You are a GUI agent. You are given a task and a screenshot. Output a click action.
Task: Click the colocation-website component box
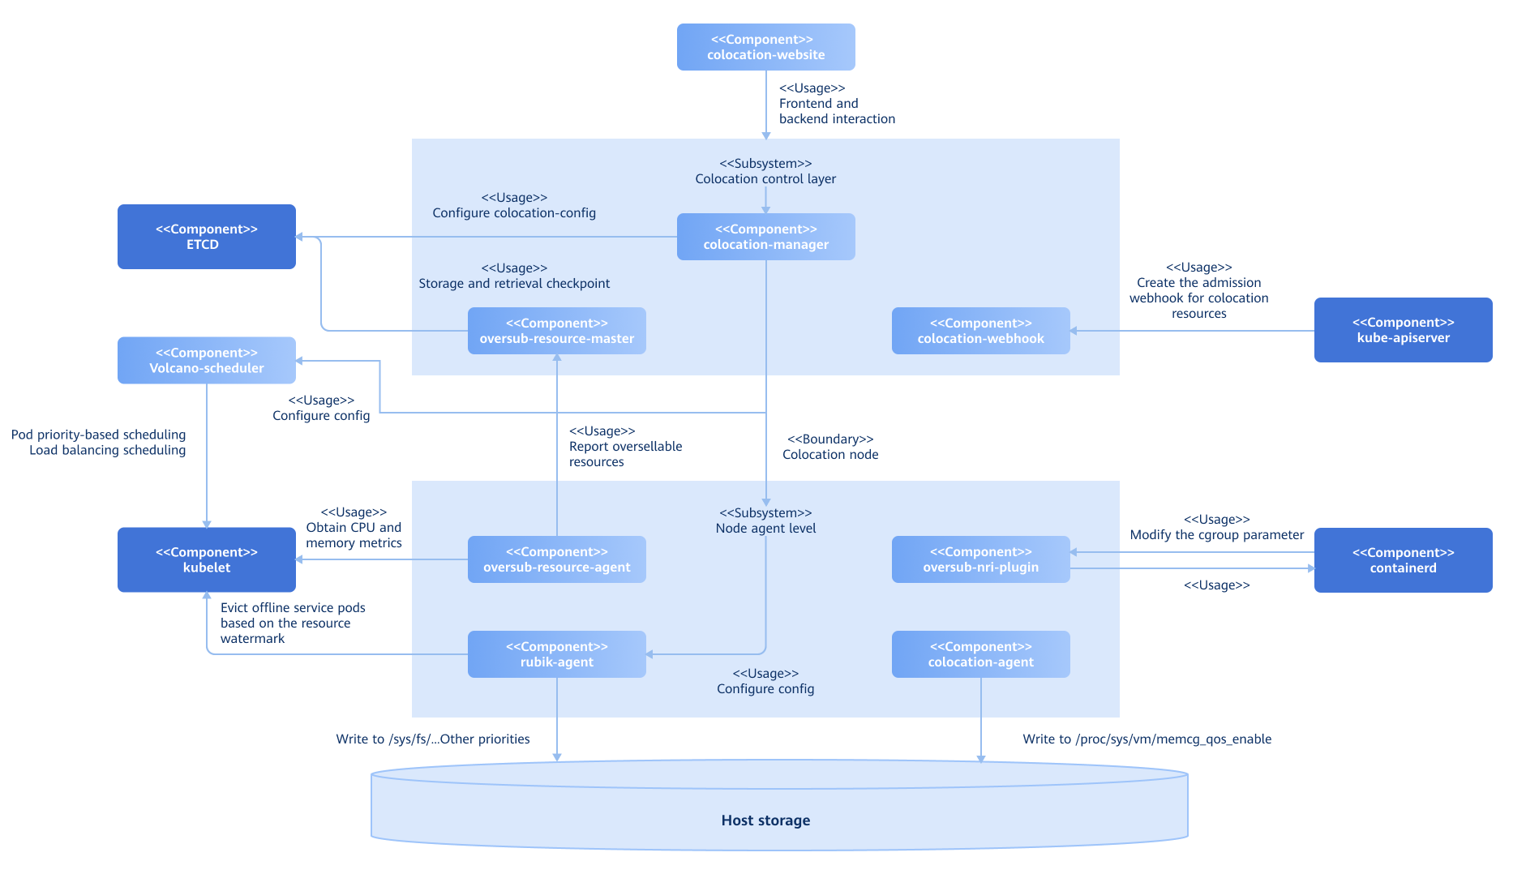765,47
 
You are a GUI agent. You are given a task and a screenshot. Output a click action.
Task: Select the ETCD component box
206,237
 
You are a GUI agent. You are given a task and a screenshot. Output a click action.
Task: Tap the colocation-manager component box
765,237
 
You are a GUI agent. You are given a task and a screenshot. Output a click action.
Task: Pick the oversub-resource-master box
556,331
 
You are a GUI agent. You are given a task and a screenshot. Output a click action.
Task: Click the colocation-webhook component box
980,331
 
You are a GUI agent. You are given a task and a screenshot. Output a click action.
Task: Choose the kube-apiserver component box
1403,330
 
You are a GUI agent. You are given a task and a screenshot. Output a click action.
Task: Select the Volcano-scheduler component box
206,361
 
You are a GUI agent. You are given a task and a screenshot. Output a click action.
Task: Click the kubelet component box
206,560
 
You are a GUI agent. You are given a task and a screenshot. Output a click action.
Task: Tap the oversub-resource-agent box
556,559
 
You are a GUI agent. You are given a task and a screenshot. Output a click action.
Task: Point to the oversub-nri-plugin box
980,559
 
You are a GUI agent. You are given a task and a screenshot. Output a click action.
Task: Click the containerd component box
1403,560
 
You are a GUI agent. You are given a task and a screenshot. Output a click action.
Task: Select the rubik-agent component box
556,654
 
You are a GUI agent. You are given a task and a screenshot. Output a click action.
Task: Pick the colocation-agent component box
980,654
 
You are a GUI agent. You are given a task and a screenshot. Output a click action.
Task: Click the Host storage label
765,820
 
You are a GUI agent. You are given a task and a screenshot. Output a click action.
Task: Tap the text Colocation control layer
765,179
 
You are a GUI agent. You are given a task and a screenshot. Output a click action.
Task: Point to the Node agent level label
765,529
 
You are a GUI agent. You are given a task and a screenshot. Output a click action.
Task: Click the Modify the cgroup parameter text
1216,535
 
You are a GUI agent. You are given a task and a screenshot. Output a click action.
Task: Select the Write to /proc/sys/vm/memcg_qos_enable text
1147,739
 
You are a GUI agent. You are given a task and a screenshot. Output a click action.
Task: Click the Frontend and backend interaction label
836,111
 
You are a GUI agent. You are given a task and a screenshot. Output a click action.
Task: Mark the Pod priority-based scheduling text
98,435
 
